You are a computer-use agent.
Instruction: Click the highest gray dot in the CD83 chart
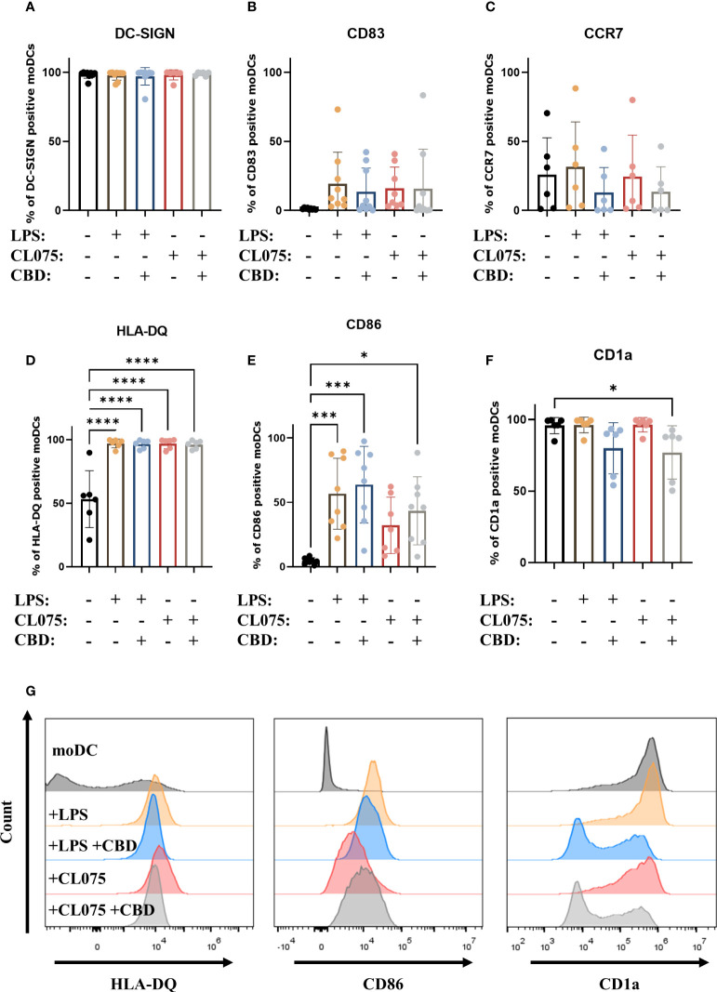point(423,96)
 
